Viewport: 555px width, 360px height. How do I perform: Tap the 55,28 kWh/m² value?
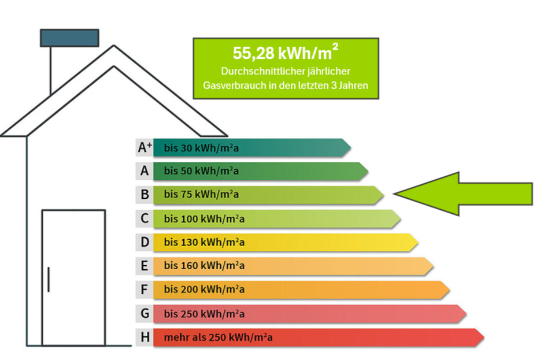(285, 53)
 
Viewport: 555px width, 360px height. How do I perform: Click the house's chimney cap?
(69, 38)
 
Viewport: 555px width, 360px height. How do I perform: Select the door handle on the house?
(49, 279)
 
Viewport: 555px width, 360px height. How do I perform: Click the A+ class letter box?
(145, 148)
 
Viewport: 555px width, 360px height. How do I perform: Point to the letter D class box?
(145, 243)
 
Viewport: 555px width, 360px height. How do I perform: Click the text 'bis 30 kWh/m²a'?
(201, 149)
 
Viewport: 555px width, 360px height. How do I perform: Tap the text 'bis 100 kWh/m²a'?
(203, 219)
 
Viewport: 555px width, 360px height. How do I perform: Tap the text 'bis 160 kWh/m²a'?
(203, 266)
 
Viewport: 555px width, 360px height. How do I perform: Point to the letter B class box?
(145, 195)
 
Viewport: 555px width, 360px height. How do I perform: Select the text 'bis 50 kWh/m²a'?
(201, 172)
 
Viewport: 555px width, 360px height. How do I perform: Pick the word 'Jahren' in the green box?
(353, 86)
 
